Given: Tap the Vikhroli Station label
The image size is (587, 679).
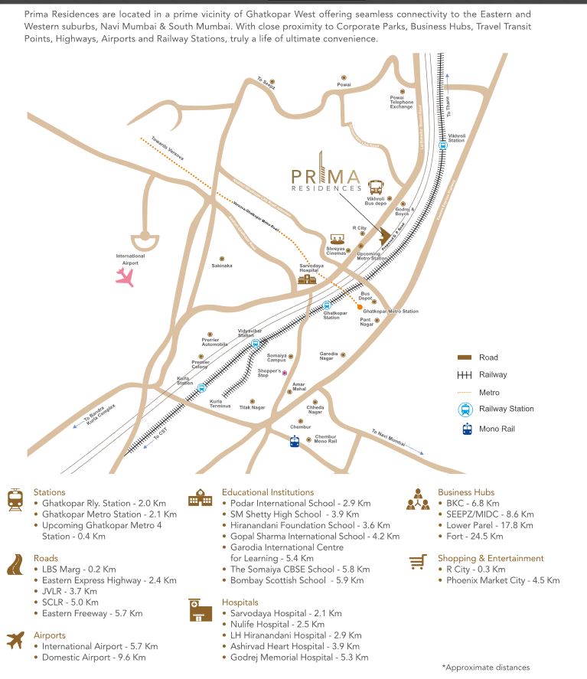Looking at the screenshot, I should pyautogui.click(x=456, y=138).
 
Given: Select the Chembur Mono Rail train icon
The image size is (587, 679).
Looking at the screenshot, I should pyautogui.click(x=295, y=440).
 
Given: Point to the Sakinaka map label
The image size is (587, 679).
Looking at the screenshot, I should pyautogui.click(x=222, y=266).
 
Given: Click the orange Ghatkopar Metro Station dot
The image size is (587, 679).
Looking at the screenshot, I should pyautogui.click(x=360, y=308).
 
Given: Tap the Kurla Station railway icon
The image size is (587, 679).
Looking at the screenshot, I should pyautogui.click(x=202, y=387).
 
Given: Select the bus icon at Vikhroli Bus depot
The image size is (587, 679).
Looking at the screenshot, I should pyautogui.click(x=376, y=188).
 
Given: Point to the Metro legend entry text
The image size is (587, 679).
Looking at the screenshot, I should pyautogui.click(x=489, y=392).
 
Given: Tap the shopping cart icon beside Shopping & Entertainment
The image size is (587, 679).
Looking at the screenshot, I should pyautogui.click(x=417, y=563).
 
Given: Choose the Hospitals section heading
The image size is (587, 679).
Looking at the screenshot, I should pyautogui.click(x=240, y=602).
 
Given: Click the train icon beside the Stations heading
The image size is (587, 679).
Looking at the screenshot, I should pyautogui.click(x=15, y=499).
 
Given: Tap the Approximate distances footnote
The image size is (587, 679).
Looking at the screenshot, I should pyautogui.click(x=485, y=667).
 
